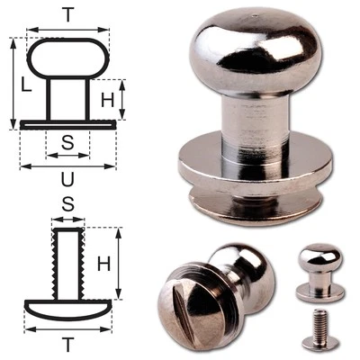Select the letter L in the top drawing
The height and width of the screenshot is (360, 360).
click(26, 86)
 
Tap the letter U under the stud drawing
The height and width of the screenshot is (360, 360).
click(67, 180)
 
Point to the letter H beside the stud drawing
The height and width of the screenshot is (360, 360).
click(107, 100)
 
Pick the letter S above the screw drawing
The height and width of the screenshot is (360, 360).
click(67, 204)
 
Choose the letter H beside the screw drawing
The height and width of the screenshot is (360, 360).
click(103, 264)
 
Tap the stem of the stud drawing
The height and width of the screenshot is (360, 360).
click(68, 99)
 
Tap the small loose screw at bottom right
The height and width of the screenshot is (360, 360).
click(320, 328)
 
